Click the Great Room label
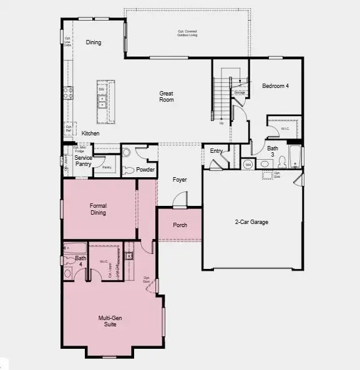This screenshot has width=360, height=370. pyautogui.click(x=166, y=96)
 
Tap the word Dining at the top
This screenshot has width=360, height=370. pyautogui.click(x=94, y=42)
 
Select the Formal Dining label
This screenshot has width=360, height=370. pyautogui.click(x=98, y=209)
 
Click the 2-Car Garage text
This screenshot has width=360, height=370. pyautogui.click(x=251, y=222)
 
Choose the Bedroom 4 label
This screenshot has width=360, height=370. pyautogui.click(x=275, y=86)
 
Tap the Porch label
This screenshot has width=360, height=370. pyautogui.click(x=180, y=225)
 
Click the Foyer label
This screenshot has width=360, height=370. pyautogui.click(x=180, y=180)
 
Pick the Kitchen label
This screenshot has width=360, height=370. pyautogui.click(x=90, y=134)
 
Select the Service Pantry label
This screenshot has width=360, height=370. pyautogui.click(x=84, y=161)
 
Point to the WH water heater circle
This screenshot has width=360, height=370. pyautogui.click(x=248, y=164)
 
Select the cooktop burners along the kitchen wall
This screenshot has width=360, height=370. pyautogui.click(x=68, y=94)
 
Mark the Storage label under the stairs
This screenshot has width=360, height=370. pyautogui.click(x=240, y=92)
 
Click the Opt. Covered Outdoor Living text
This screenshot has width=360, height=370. pyautogui.click(x=187, y=32)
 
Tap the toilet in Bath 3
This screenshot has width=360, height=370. pyautogui.click(x=281, y=162)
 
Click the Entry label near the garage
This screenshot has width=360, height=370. pyautogui.click(x=216, y=151)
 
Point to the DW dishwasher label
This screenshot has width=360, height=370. pyautogui.click(x=102, y=90)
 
